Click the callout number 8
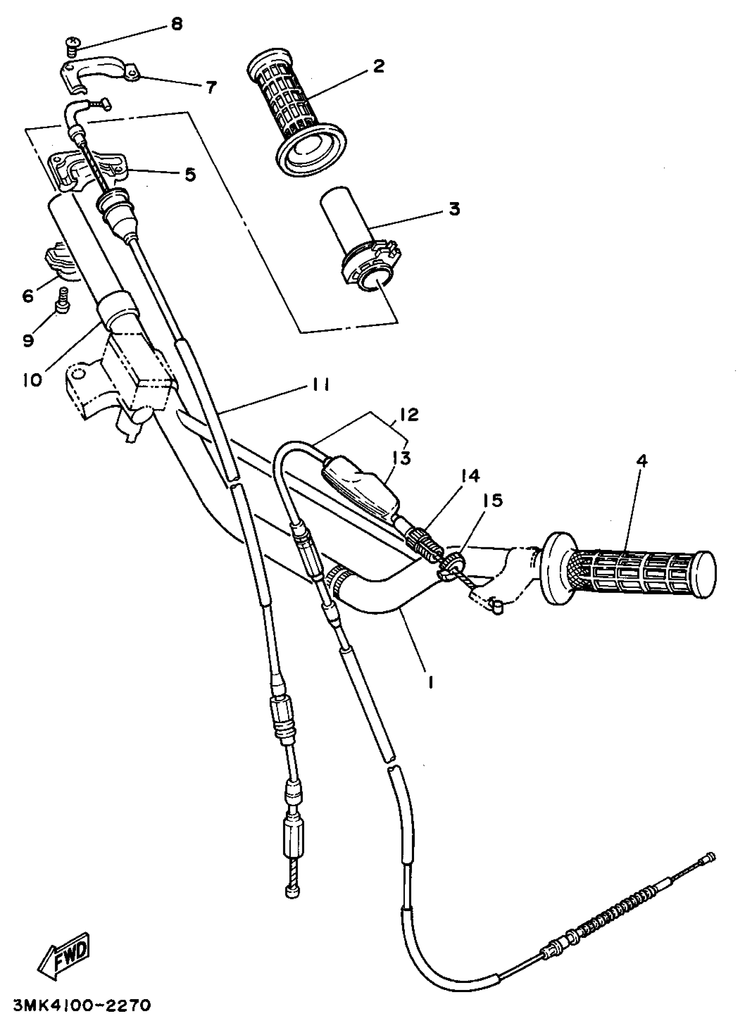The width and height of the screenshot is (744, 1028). pos(177,24)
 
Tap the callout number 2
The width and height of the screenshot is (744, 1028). pos(378,66)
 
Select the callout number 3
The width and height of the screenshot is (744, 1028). pos(454,210)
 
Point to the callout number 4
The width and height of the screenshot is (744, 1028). pos(642,462)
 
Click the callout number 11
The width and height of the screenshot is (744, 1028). pos(320,385)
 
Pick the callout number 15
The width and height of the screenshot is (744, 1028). pos(494,500)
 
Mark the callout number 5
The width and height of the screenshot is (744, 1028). pos(190,175)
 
